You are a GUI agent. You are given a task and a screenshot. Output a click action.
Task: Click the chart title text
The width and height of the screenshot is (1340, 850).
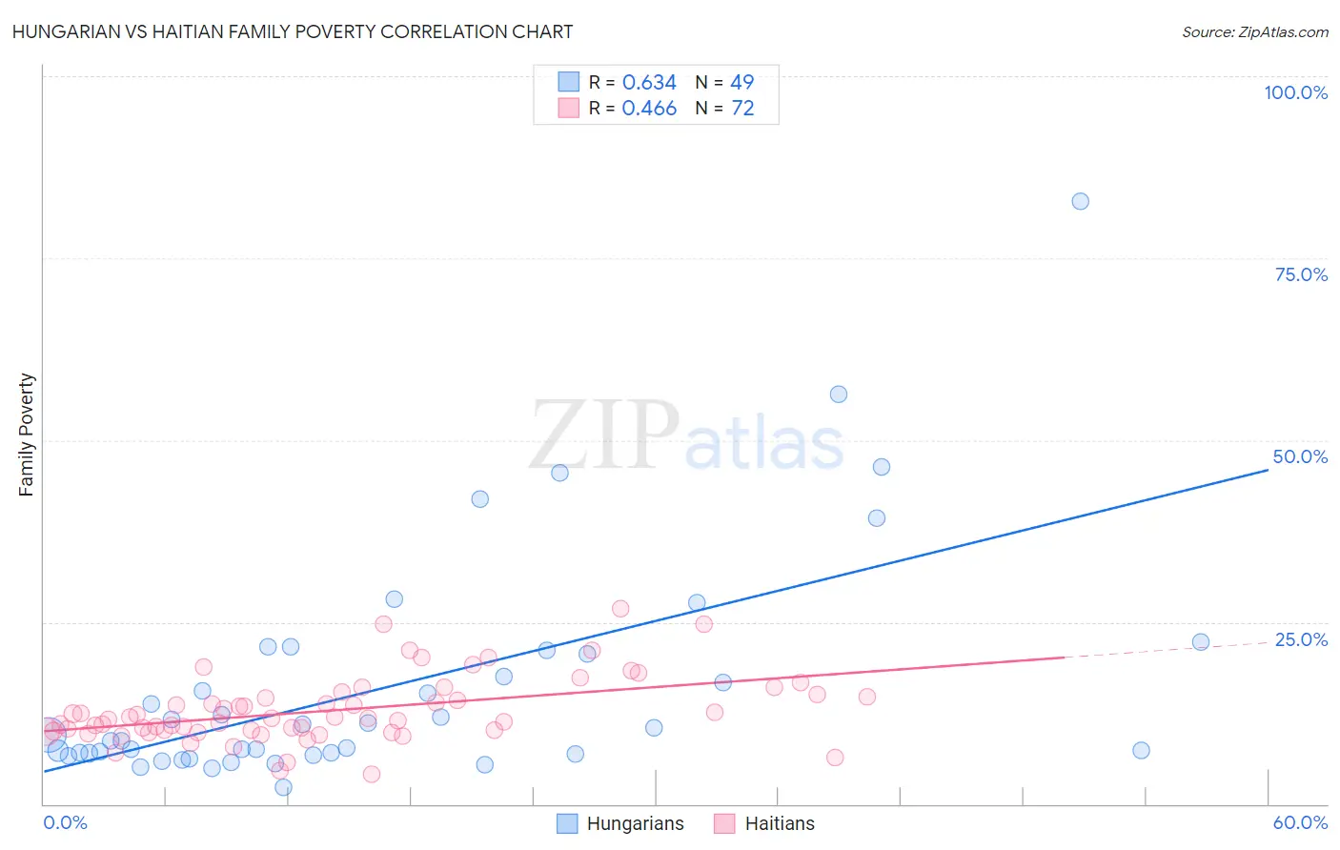click(293, 32)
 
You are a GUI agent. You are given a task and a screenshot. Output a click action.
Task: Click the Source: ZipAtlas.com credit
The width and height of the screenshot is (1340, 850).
click(1254, 32)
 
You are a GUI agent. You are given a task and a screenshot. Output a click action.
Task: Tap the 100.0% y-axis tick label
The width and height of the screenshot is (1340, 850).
click(1295, 92)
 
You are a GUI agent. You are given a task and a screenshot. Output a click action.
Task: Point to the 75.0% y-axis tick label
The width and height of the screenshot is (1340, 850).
click(1301, 274)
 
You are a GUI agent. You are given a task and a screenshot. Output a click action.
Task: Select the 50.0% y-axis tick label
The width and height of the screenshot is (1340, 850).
click(1300, 456)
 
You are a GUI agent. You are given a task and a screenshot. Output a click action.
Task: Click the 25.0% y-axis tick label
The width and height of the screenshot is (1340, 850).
click(1301, 639)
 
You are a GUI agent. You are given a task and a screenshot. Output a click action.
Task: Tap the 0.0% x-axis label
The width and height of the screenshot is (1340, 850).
click(65, 822)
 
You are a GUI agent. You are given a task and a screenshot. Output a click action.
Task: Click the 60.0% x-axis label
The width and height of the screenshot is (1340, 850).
click(1300, 822)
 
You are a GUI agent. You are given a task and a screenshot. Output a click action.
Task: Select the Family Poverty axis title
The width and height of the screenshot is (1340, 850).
click(27, 435)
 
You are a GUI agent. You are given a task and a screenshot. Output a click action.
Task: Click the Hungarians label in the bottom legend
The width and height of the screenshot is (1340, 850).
click(635, 824)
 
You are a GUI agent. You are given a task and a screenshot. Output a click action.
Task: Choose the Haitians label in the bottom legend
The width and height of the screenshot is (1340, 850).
click(780, 824)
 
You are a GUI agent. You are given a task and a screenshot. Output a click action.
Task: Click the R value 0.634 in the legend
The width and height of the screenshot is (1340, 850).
click(649, 83)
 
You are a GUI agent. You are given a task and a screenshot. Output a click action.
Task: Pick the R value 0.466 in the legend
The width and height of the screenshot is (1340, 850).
click(649, 109)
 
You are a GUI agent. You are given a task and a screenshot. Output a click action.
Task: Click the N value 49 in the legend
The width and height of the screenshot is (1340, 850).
click(742, 83)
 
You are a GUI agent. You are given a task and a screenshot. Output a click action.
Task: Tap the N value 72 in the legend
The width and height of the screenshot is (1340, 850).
click(742, 109)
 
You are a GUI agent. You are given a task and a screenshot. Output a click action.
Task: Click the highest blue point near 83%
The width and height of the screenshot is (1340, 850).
click(1080, 201)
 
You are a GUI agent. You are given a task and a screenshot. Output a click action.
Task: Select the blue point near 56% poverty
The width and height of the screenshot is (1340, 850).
click(839, 395)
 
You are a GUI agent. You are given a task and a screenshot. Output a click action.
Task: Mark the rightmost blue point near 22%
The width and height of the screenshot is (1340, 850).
click(1201, 642)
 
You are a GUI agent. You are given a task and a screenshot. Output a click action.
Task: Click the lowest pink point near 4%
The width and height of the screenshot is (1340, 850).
click(372, 774)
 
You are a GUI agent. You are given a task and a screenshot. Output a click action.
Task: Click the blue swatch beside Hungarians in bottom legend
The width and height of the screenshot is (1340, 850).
click(567, 824)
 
